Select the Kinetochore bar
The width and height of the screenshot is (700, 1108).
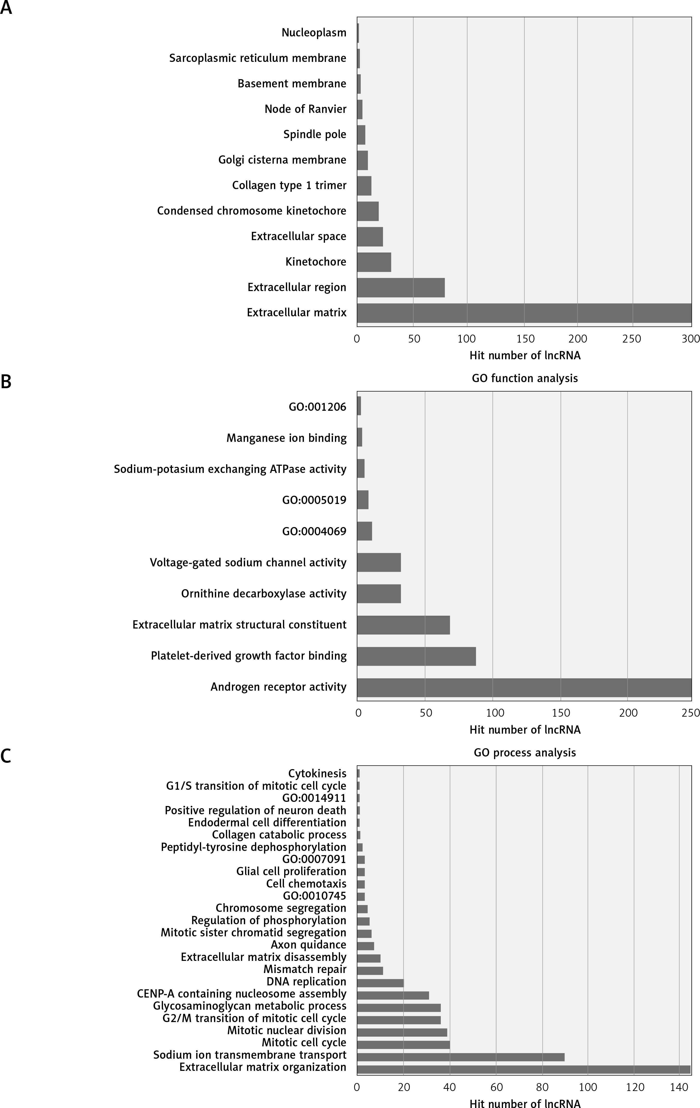click(x=374, y=262)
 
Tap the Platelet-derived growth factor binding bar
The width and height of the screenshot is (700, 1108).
click(x=417, y=656)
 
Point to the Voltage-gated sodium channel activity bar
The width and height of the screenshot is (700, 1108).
click(x=379, y=562)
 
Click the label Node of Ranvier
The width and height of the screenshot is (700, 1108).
click(x=306, y=109)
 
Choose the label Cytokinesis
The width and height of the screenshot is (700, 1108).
click(x=317, y=773)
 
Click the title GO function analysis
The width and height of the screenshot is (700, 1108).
click(x=525, y=378)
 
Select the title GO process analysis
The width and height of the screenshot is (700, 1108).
click(x=525, y=753)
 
